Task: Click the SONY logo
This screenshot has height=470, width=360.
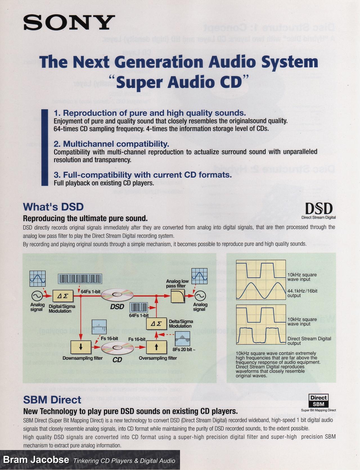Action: point(69,23)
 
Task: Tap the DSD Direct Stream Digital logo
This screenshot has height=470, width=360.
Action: point(319,211)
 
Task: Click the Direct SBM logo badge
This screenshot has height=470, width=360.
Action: point(318,401)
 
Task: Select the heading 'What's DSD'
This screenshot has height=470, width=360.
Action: point(53,207)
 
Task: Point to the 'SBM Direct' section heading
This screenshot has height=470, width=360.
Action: point(52,400)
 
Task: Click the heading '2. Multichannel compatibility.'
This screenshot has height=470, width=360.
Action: point(111,144)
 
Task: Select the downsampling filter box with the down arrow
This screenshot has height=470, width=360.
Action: point(81,347)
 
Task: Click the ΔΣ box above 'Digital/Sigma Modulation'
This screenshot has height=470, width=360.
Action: point(63,296)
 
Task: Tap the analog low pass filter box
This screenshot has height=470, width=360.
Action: point(178,296)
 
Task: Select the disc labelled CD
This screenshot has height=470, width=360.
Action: point(117,348)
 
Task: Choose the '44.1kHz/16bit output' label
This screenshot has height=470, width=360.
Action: point(302,293)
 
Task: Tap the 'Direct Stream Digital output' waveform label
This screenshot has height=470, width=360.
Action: point(309,341)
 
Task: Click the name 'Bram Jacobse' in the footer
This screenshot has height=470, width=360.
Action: point(36,460)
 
